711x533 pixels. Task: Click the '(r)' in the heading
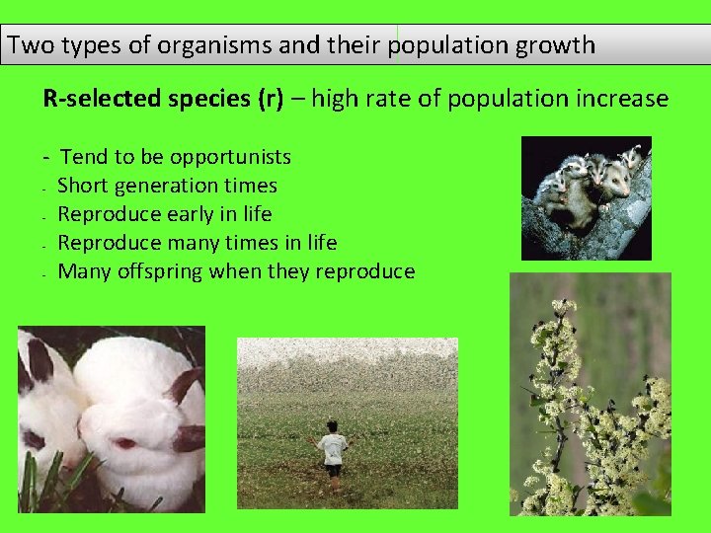click(270, 99)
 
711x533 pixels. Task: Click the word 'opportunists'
click(230, 157)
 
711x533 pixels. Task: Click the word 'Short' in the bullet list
click(82, 186)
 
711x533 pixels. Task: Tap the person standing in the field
click(333, 453)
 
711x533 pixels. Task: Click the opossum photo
click(586, 197)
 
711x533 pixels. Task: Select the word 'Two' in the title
click(28, 45)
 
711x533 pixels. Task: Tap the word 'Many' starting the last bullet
click(81, 271)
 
